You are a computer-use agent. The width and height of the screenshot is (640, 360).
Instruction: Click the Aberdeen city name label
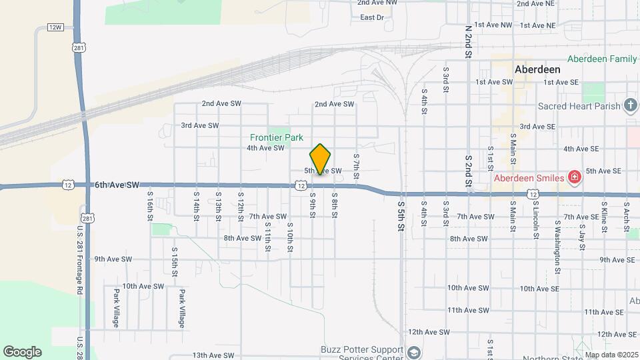pos(537,69)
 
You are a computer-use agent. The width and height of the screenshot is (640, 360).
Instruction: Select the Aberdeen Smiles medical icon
pos(573,177)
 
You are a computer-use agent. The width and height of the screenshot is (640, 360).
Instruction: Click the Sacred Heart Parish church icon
pos(631,105)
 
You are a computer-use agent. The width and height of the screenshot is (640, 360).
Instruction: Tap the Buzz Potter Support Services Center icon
pos(414,351)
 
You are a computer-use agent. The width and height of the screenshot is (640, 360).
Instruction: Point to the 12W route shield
pos(55,27)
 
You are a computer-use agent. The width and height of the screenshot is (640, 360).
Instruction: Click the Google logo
pos(22,351)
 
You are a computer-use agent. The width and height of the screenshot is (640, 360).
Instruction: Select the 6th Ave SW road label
pos(117,184)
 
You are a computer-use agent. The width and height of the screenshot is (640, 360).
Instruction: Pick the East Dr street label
pos(371,17)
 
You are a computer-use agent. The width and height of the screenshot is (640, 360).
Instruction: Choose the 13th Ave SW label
pos(213,356)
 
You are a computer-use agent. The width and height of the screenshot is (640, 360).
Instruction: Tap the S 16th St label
pos(151,203)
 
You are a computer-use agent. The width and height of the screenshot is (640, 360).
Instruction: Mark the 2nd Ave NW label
pos(378,3)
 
